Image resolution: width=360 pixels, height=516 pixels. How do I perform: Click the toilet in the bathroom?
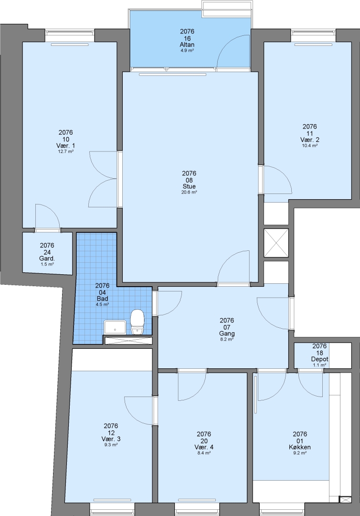tap(137, 322)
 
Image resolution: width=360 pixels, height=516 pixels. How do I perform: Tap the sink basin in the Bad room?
tap(115, 327)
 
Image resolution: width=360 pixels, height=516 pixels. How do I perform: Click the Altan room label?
tap(187, 44)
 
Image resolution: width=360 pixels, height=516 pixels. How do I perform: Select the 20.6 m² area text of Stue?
tap(189, 193)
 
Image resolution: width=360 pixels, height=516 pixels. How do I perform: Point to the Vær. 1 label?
tap(66, 145)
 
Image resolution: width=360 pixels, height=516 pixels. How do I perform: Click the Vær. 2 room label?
tap(310, 140)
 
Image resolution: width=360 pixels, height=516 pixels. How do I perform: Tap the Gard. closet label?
tap(47, 258)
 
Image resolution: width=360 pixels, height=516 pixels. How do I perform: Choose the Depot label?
tap(319, 359)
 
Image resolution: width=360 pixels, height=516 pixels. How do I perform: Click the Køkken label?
tap(300, 447)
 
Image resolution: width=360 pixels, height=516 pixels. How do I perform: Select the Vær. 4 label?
tap(204, 447)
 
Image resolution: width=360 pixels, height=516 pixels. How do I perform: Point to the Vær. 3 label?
tap(111, 439)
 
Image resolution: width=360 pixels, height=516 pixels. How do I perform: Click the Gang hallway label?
tap(227, 333)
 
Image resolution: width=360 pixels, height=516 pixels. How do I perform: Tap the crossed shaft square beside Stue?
tap(276, 243)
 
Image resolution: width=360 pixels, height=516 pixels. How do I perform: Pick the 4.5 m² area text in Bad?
tap(102, 305)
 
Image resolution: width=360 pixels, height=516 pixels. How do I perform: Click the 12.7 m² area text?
tap(66, 152)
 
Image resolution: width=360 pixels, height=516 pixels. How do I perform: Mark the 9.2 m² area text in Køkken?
tap(300, 453)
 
